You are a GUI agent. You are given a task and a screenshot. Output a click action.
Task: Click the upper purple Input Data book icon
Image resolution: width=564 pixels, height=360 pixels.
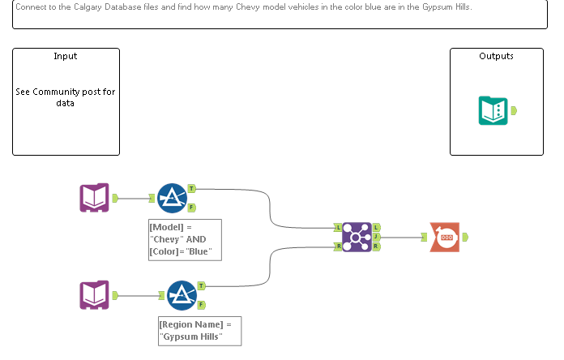coord(94,198)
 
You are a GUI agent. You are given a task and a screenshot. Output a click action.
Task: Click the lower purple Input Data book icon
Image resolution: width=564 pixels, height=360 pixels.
coord(94,295)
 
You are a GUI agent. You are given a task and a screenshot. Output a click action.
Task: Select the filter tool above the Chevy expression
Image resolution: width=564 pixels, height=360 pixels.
coord(172,198)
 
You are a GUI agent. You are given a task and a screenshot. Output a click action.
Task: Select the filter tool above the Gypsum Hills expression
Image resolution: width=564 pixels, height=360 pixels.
coord(182,295)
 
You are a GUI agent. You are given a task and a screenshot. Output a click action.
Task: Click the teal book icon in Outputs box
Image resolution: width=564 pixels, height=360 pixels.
coord(493,110)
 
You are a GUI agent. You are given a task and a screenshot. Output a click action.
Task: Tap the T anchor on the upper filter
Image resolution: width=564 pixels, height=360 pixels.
coord(191,188)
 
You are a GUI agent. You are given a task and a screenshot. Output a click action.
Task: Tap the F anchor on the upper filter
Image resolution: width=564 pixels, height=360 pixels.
coord(191,208)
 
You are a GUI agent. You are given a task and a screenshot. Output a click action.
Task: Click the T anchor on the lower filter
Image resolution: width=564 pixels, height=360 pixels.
coord(201,285)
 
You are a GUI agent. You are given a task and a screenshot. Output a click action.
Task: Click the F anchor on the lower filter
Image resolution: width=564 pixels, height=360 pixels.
coord(201,305)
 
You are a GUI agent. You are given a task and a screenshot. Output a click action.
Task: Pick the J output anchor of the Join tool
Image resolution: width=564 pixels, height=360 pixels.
coord(378,237)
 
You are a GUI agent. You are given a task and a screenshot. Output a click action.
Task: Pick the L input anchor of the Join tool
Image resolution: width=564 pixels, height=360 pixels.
coord(336,228)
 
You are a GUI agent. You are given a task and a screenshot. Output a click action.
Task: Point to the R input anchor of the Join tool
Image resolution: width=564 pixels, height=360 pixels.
coord(336,246)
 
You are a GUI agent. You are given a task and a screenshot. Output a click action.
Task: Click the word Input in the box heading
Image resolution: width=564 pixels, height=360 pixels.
coord(66,56)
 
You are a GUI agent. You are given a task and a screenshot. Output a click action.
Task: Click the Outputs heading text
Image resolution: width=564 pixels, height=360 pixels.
coord(496,56)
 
